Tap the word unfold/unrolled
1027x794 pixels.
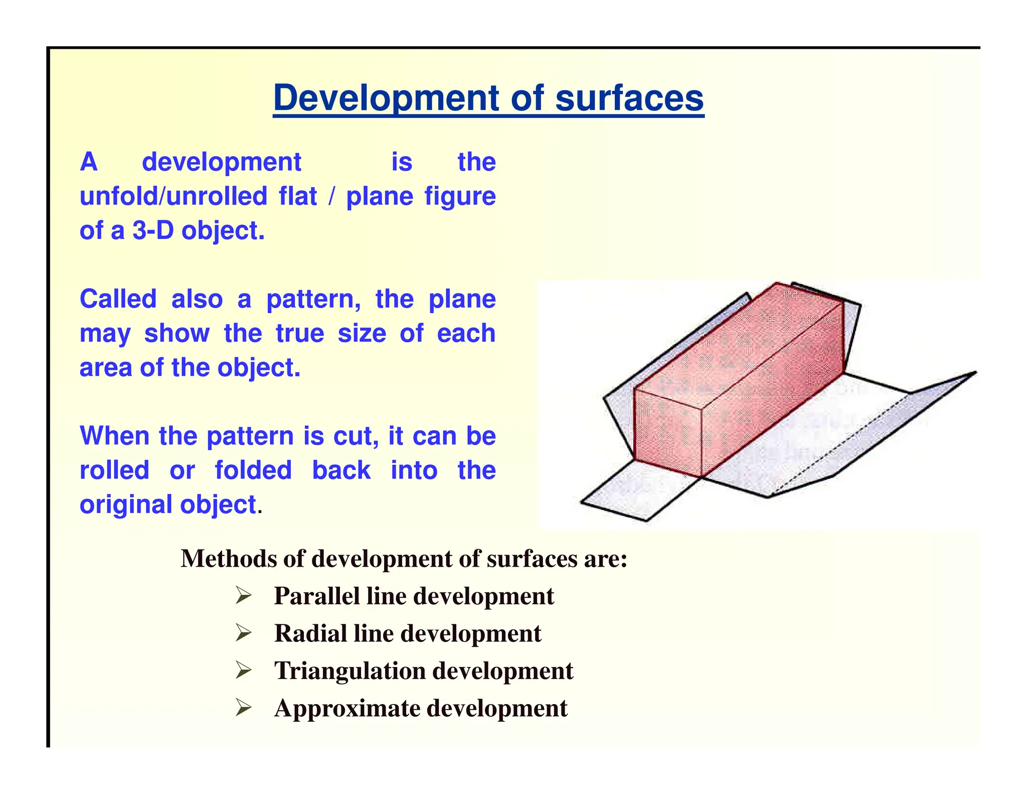point(173,196)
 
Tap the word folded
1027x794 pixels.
point(253,470)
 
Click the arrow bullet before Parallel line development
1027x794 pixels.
point(243,596)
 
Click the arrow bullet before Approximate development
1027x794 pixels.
point(243,709)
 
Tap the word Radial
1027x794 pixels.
point(310,633)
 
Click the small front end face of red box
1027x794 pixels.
point(667,432)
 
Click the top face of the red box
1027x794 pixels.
point(737,341)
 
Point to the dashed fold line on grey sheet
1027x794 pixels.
point(847,437)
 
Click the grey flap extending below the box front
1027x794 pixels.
point(637,492)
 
